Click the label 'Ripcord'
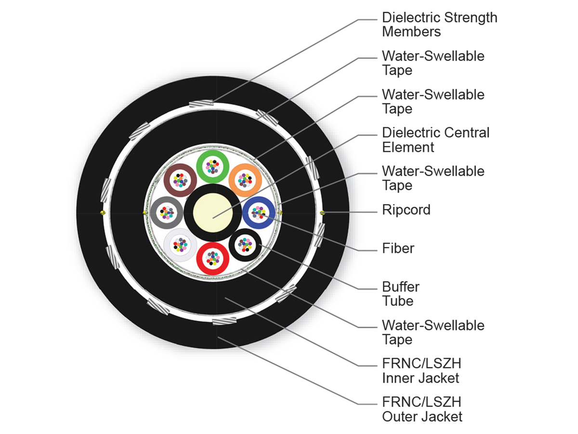[x=406, y=210]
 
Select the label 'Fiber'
[x=398, y=248]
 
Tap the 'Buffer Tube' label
[x=401, y=294]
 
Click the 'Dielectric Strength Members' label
[x=439, y=25]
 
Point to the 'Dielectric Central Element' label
[x=435, y=139]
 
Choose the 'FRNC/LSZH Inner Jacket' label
[x=421, y=370]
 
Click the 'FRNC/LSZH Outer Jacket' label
[x=422, y=409]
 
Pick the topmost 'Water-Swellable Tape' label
[x=433, y=63]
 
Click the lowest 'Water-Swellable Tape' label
[x=433, y=332]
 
